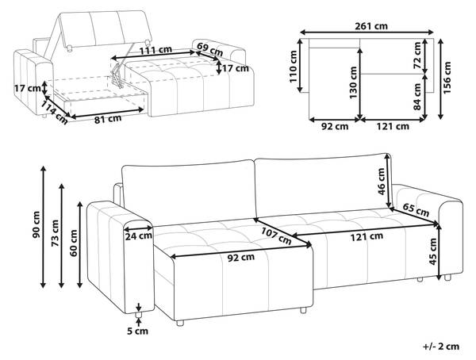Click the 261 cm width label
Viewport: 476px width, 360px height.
pyautogui.click(x=371, y=26)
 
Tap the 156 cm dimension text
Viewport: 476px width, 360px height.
pyautogui.click(x=447, y=78)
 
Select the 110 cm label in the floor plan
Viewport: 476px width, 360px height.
pyautogui.click(x=293, y=67)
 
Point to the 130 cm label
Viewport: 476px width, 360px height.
pyautogui.click(x=353, y=83)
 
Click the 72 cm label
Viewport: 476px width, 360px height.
pyautogui.click(x=417, y=56)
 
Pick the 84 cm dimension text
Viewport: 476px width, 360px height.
pyautogui.click(x=417, y=97)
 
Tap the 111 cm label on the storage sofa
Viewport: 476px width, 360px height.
pyautogui.click(x=155, y=50)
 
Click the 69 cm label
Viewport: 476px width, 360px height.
pyautogui.click(x=209, y=50)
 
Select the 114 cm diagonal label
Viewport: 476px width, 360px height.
pyautogui.click(x=54, y=113)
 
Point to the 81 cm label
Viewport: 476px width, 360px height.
pyautogui.click(x=107, y=119)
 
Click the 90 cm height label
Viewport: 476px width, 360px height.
pyautogui.click(x=36, y=224)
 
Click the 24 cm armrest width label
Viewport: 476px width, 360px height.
pyautogui.click(x=138, y=236)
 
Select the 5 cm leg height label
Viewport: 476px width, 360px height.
pyautogui.click(x=137, y=331)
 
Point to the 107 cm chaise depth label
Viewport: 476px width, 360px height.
pyautogui.click(x=276, y=236)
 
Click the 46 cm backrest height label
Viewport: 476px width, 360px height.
pyautogui.click(x=382, y=182)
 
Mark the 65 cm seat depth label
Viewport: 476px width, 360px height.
pyautogui.click(x=416, y=210)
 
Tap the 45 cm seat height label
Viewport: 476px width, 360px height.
pyautogui.click(x=433, y=251)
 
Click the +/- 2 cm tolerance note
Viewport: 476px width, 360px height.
pyautogui.click(x=441, y=346)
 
